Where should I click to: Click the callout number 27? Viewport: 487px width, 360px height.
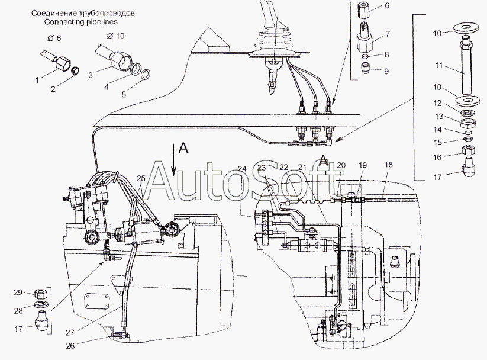(x=70, y=332)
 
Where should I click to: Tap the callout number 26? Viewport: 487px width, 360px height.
(x=70, y=345)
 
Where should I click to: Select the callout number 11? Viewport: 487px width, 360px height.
(x=438, y=66)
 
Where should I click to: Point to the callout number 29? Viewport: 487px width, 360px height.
(x=18, y=292)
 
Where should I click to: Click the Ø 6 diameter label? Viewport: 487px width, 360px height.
(x=54, y=38)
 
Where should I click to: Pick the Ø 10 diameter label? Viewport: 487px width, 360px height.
(x=115, y=36)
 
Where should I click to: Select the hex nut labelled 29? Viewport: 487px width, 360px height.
(x=39, y=293)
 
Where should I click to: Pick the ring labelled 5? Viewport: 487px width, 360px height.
(x=146, y=75)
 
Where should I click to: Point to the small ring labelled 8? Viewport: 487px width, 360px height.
(x=366, y=56)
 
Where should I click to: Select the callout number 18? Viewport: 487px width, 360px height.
(x=388, y=165)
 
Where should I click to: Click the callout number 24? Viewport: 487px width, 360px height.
(x=242, y=169)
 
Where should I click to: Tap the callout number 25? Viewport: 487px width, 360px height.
(x=141, y=178)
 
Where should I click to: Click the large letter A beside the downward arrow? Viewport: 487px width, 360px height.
(x=184, y=149)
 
